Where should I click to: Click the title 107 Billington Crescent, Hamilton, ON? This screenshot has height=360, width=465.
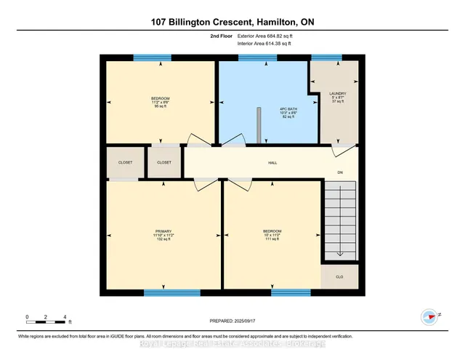[x=232, y=21]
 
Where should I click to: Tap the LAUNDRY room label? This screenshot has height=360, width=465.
[x=336, y=94]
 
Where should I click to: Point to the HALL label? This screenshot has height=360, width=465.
[x=272, y=163]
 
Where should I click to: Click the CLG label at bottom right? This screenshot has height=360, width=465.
[x=339, y=277]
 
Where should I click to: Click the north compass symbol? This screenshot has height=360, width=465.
[x=429, y=316]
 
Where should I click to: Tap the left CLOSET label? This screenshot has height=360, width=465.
[x=126, y=162]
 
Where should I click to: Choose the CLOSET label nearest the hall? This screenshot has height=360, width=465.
[x=164, y=162]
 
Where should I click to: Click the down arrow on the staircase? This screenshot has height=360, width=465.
[x=339, y=251]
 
